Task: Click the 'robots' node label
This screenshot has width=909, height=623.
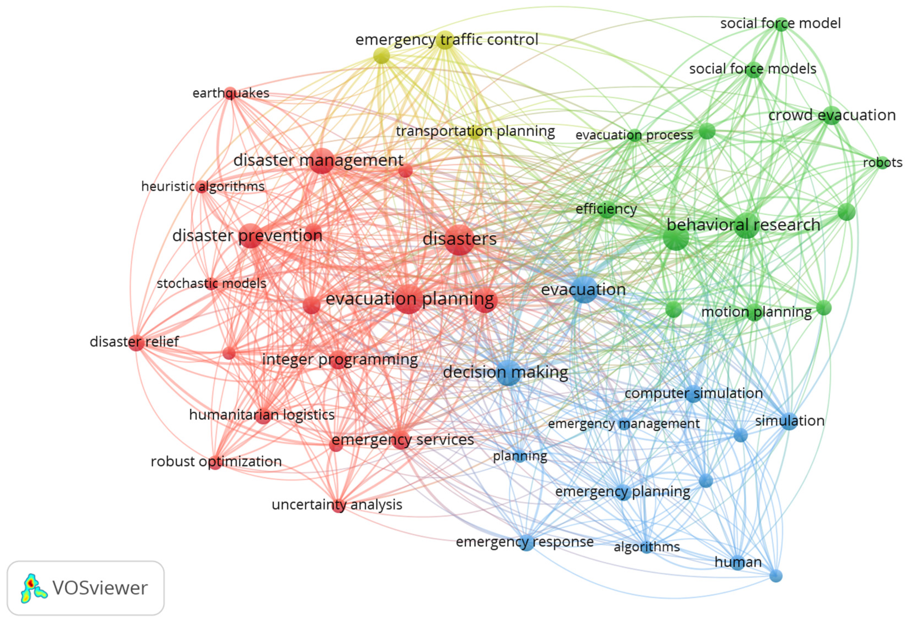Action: click(882, 162)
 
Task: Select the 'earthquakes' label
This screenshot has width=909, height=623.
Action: click(231, 93)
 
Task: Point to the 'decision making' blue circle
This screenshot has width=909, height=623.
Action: click(508, 373)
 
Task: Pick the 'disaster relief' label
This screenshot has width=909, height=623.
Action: click(134, 342)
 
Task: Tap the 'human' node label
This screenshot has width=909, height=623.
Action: click(738, 562)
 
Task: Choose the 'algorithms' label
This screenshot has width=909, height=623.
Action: click(647, 547)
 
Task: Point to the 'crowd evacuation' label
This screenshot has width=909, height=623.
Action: click(832, 115)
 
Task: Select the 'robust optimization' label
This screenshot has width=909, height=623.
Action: click(216, 461)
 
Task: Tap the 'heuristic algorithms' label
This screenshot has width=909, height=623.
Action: click(203, 186)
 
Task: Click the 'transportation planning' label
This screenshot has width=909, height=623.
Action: click(475, 131)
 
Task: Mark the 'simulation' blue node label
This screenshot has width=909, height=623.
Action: click(790, 421)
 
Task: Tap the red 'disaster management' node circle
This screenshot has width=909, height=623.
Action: click(321, 161)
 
